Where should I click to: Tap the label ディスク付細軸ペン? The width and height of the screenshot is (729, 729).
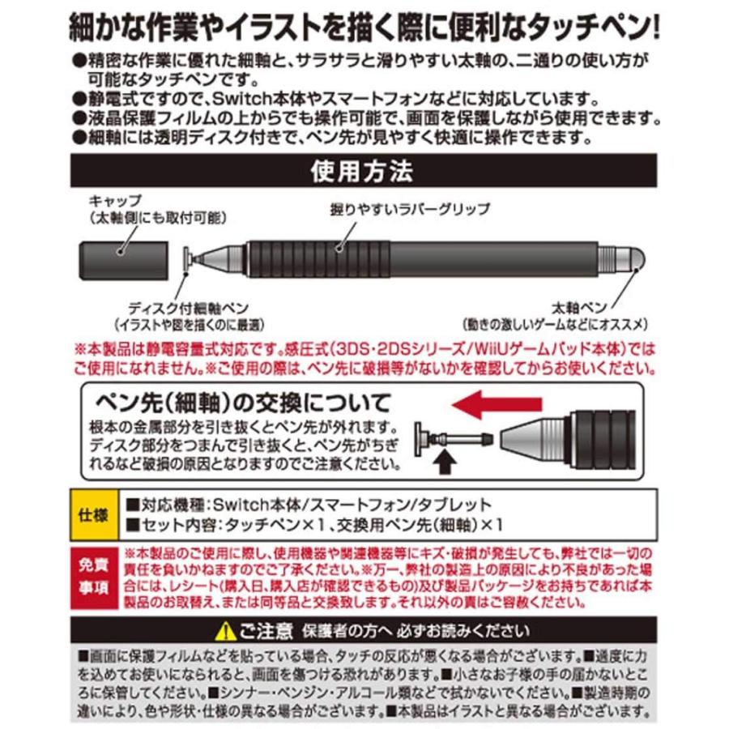click(x=179, y=309)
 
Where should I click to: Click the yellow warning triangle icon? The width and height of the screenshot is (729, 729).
click(x=226, y=630)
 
